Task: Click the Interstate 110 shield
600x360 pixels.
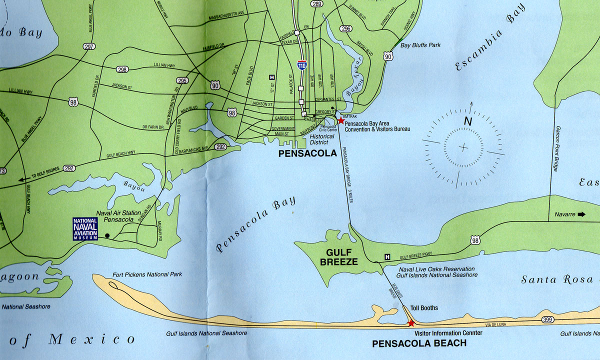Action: point(301,65)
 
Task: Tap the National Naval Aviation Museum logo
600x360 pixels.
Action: point(85,229)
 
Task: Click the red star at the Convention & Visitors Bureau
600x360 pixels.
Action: point(340,121)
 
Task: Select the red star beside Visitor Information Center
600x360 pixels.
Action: point(411,323)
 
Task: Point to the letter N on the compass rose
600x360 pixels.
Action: point(467,121)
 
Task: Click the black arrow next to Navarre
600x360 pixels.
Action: point(581,214)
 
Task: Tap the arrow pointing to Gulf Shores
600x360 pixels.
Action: point(22,179)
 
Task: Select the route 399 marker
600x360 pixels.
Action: point(547,319)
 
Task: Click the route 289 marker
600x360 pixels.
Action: point(316,4)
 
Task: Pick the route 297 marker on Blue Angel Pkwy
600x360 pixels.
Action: point(89,47)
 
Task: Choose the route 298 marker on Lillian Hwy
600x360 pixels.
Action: point(122,69)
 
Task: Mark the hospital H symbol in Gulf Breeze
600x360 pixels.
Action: point(387,257)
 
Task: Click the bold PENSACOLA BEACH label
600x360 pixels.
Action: point(419,343)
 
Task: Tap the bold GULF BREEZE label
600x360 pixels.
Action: point(342,257)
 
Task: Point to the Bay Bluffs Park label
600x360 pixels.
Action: point(420,45)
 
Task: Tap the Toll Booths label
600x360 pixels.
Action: point(424,308)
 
